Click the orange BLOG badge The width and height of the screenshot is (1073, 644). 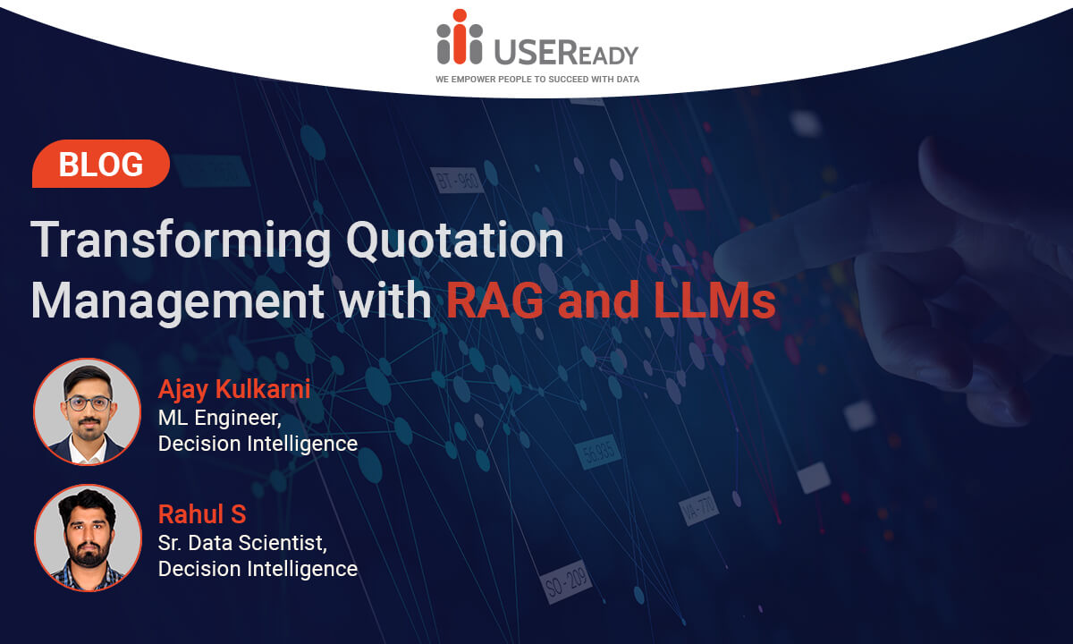pyautogui.click(x=100, y=164)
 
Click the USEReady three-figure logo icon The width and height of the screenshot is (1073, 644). pyautogui.click(x=460, y=37)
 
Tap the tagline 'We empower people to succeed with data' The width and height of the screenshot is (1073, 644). pyautogui.click(x=537, y=80)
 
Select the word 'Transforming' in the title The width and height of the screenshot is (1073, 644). pyautogui.click(x=181, y=241)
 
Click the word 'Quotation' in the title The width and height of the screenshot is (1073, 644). pyautogui.click(x=454, y=240)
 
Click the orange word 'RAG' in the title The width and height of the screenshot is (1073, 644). pyautogui.click(x=494, y=301)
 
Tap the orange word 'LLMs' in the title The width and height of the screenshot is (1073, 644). pyautogui.click(x=714, y=301)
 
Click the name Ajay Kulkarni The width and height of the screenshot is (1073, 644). pyautogui.click(x=234, y=389)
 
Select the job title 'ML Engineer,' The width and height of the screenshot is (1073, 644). pyautogui.click(x=220, y=419)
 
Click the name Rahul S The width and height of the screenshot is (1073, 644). pyautogui.click(x=202, y=514)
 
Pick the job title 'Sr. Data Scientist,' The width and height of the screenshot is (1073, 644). pyautogui.click(x=243, y=544)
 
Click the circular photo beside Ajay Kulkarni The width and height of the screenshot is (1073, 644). pyautogui.click(x=88, y=411)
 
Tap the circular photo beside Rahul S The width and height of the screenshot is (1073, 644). pyautogui.click(x=88, y=538)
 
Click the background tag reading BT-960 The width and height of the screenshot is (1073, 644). pyautogui.click(x=457, y=181)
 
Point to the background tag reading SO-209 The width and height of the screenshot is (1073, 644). pyautogui.click(x=566, y=582)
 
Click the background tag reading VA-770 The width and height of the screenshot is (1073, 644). pyautogui.click(x=699, y=509)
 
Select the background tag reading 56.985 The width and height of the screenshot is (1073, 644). pyautogui.click(x=599, y=452)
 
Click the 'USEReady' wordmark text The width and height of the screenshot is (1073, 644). pyautogui.click(x=566, y=52)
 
